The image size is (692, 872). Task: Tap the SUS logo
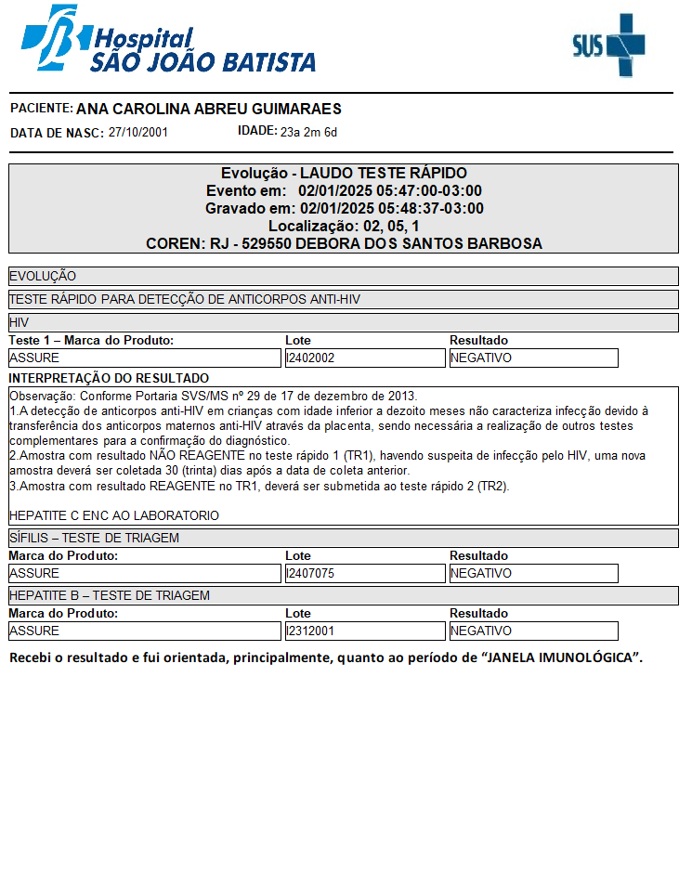pyautogui.click(x=608, y=44)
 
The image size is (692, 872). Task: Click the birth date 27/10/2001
pyautogui.click(x=137, y=133)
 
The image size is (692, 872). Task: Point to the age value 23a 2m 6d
pyautogui.click(x=308, y=133)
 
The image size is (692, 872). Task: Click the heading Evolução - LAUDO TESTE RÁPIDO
pyautogui.click(x=344, y=174)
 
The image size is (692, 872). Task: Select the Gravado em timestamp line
pyautogui.click(x=344, y=209)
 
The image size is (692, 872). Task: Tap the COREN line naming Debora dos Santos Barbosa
pyautogui.click(x=344, y=244)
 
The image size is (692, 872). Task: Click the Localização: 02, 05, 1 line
pyautogui.click(x=344, y=227)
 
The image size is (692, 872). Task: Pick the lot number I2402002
pyautogui.click(x=310, y=358)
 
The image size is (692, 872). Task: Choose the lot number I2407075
pyautogui.click(x=310, y=573)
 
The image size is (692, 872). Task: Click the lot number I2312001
pyautogui.click(x=310, y=631)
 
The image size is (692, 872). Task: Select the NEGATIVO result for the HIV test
pyautogui.click(x=481, y=358)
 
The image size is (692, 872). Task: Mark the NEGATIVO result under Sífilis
pyautogui.click(x=481, y=573)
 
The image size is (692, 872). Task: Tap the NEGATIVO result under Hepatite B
pyautogui.click(x=481, y=631)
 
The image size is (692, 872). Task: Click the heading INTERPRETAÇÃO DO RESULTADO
pyautogui.click(x=109, y=378)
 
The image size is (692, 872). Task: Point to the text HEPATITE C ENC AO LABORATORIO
pyautogui.click(x=114, y=515)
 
